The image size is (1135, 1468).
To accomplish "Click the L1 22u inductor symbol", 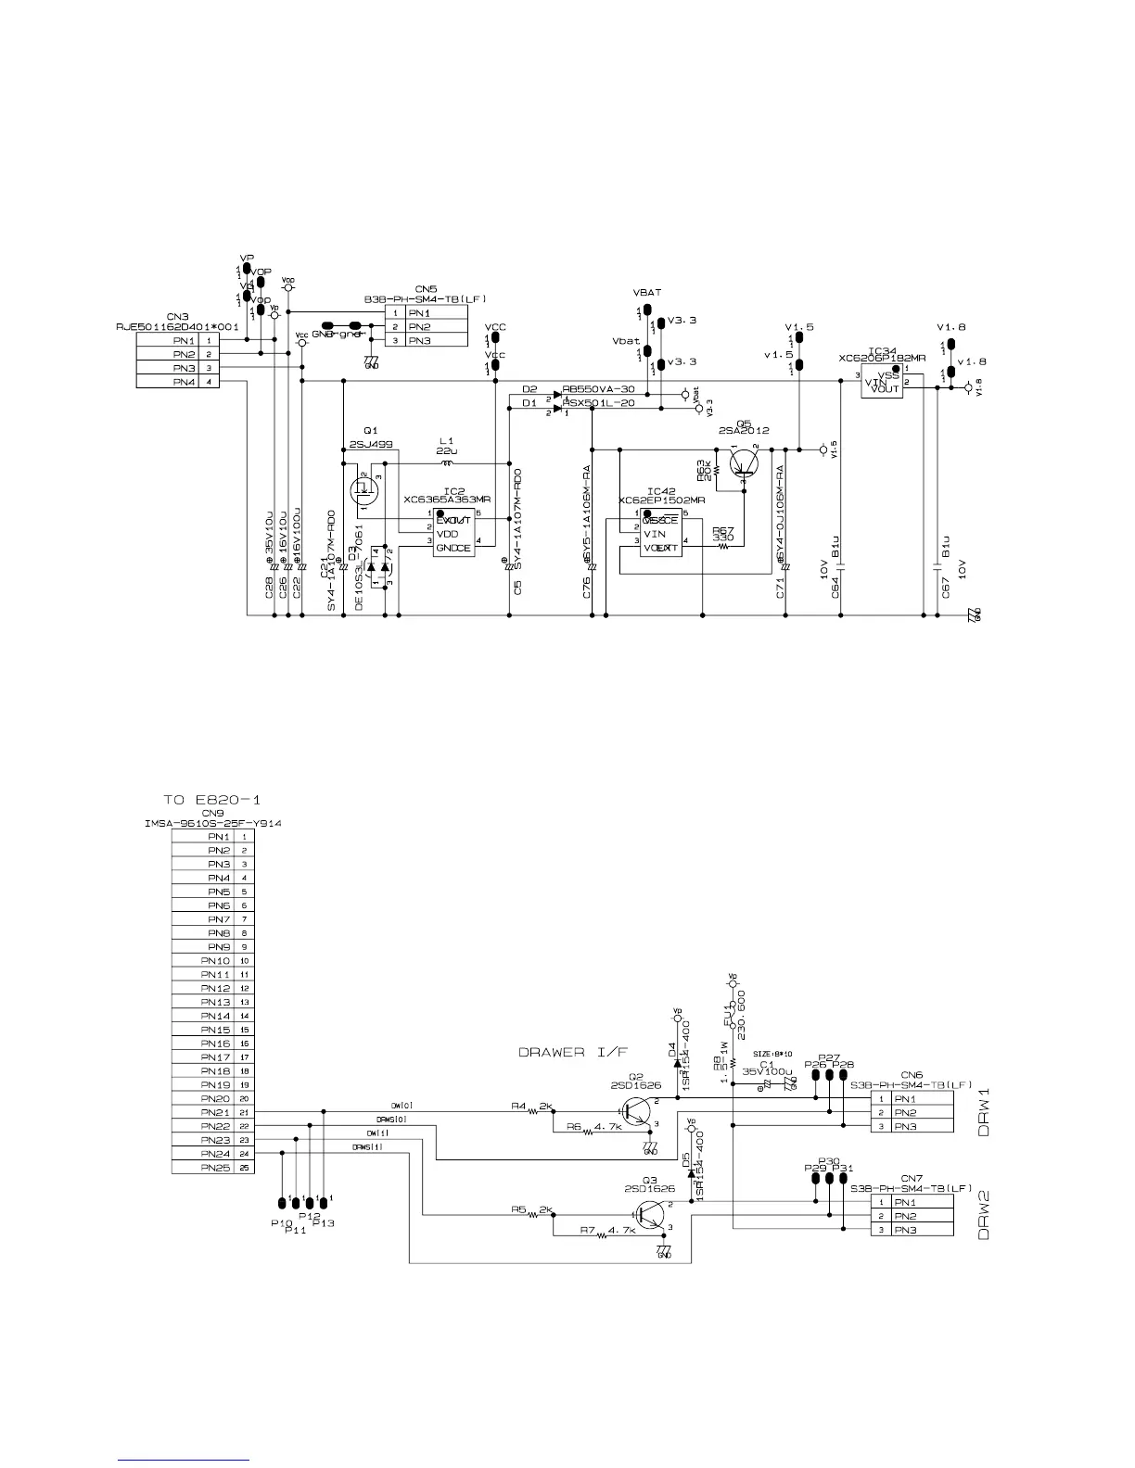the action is click(x=448, y=463).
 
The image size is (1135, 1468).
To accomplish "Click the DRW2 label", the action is click(x=984, y=1215).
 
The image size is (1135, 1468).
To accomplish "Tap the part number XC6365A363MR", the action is click(x=447, y=500).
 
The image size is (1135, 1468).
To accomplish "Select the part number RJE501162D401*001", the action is click(x=177, y=326).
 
